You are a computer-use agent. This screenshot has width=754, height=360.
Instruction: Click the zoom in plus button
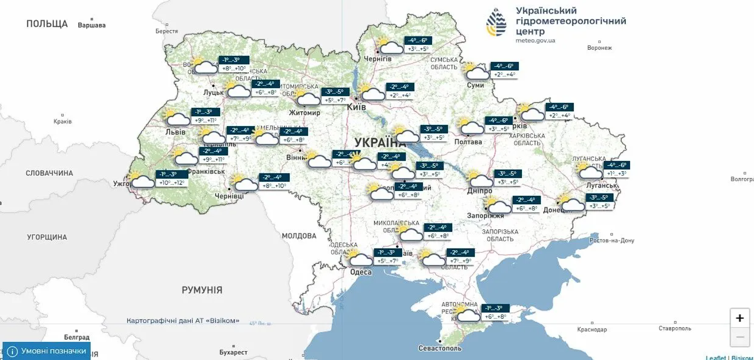coord(740,318)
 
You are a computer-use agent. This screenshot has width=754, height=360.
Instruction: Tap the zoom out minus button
coord(740,337)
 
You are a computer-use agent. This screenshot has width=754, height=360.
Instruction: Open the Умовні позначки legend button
coord(47,351)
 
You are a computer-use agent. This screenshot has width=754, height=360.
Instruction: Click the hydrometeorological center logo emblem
coord(496,22)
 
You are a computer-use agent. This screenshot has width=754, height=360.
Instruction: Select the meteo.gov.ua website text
coord(535,40)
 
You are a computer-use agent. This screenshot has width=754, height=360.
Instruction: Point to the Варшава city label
coord(91,25)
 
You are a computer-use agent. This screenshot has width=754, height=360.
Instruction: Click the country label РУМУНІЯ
coord(202,290)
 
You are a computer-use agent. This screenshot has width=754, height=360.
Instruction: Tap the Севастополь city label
coord(440,348)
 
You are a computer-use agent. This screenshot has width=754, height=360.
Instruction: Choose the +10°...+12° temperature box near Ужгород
coord(172,183)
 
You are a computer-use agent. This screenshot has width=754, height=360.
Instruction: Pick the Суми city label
coord(475,85)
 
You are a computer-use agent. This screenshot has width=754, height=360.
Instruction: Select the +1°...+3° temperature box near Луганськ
coord(616,174)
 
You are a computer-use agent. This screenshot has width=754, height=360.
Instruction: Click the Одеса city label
coord(361,272)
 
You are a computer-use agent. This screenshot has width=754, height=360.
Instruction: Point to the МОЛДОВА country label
coord(299,236)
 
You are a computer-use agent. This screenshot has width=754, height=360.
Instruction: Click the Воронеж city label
coord(599,48)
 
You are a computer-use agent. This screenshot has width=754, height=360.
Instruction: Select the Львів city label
coord(175,132)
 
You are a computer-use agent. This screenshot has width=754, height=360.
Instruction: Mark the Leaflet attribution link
coord(715,357)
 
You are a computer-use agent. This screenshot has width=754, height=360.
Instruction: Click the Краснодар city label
coord(592,329)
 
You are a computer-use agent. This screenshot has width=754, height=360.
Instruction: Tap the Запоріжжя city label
coord(485,216)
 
